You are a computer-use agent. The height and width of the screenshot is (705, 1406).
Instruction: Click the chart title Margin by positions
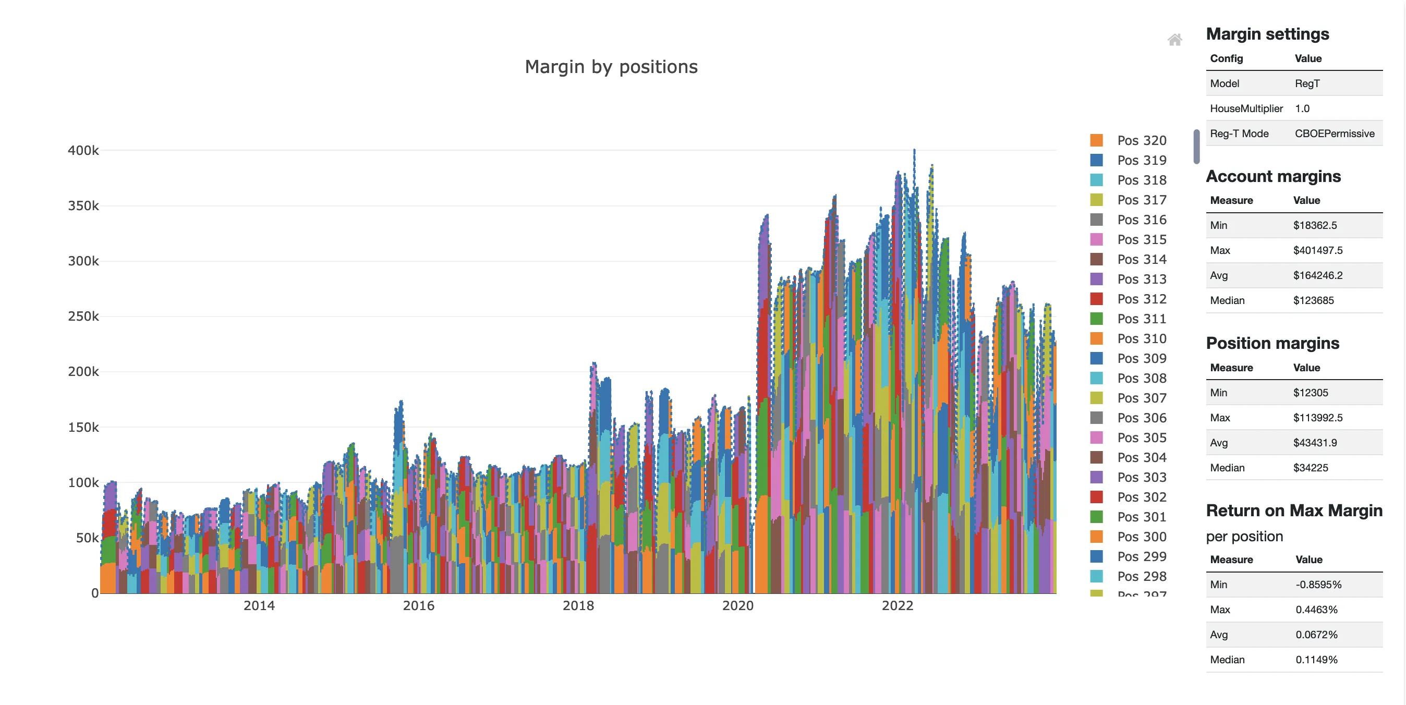[x=611, y=67]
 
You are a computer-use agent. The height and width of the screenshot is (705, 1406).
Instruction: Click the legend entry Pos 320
[x=1141, y=140]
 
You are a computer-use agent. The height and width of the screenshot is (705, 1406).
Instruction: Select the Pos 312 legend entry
[x=1141, y=298]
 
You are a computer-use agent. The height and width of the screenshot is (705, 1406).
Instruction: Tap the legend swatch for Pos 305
[x=1096, y=437]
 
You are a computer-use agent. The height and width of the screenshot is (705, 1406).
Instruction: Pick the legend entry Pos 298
[x=1141, y=576]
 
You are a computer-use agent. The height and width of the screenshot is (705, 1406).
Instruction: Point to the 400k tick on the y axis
[x=83, y=150]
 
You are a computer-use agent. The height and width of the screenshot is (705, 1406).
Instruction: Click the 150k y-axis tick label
[x=83, y=427]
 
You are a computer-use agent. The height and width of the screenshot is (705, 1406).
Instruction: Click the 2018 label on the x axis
[x=578, y=605]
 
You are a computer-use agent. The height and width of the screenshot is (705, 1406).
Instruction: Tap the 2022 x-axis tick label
[x=898, y=605]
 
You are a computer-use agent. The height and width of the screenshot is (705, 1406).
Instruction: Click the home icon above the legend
[x=1174, y=39]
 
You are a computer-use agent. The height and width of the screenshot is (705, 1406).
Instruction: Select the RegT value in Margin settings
[x=1307, y=83]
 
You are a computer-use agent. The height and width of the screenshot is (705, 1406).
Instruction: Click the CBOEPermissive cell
[x=1334, y=133]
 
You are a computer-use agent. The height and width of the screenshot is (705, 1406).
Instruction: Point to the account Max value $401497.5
[x=1317, y=250]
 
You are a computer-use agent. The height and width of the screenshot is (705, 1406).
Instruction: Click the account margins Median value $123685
[x=1313, y=300]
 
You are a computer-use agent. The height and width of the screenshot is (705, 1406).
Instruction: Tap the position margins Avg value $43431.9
[x=1314, y=443]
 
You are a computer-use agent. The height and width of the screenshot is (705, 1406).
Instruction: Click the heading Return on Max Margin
[x=1293, y=510]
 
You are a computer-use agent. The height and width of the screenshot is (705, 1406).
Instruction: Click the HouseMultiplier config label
[x=1245, y=108]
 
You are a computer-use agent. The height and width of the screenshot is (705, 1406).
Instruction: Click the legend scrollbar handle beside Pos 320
[x=1196, y=146]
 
